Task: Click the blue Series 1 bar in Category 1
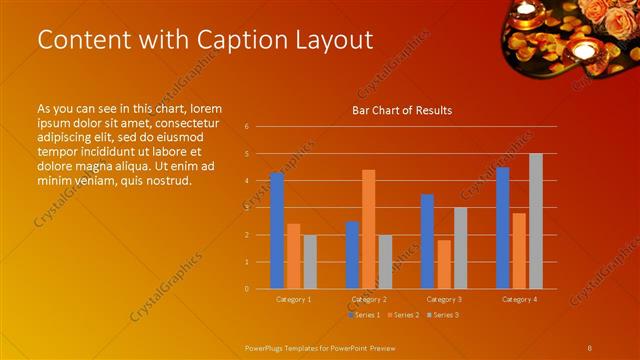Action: [277, 231]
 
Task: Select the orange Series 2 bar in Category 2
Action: [369, 229]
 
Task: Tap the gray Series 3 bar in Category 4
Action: [536, 221]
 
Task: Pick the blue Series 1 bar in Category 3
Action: [427, 241]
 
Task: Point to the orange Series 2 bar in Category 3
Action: [444, 264]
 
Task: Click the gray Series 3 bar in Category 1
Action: [310, 262]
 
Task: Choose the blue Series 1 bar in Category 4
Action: [502, 228]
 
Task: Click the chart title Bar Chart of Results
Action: [402, 110]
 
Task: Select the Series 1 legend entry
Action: [364, 315]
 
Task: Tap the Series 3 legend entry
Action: [443, 315]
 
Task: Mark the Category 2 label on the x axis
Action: [369, 299]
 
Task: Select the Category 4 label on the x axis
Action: [519, 299]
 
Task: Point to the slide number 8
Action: [589, 347]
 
